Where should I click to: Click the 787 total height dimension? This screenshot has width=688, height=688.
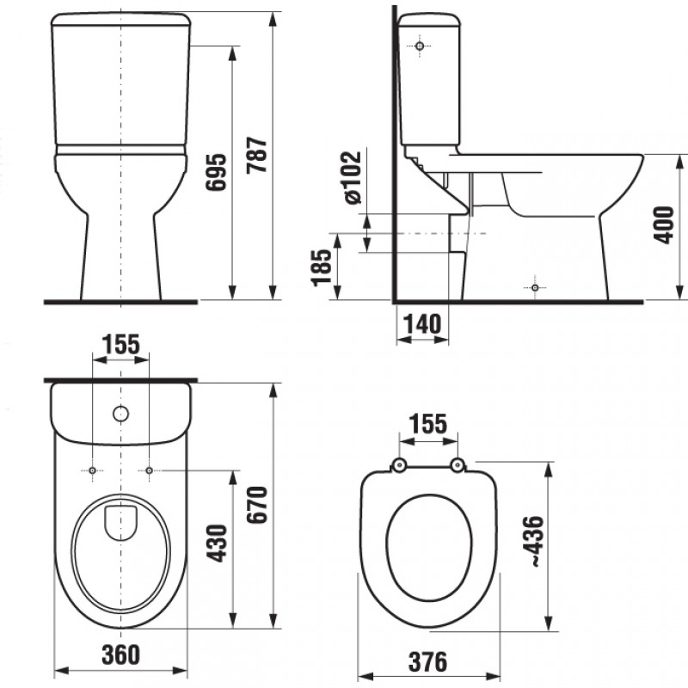point(256,155)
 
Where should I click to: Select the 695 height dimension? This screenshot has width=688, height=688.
point(217,172)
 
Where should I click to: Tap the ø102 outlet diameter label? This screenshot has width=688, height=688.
point(353,178)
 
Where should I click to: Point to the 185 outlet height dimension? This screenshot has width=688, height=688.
point(321,267)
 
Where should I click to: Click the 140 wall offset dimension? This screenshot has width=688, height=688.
point(422,324)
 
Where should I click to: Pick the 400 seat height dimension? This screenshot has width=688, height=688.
point(664,225)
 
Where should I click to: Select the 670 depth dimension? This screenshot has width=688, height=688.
point(256,505)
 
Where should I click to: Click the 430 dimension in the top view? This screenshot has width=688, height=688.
point(218,544)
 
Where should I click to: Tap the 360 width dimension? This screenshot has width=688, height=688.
point(121,654)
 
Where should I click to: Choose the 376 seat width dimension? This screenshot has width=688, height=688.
point(427,661)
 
